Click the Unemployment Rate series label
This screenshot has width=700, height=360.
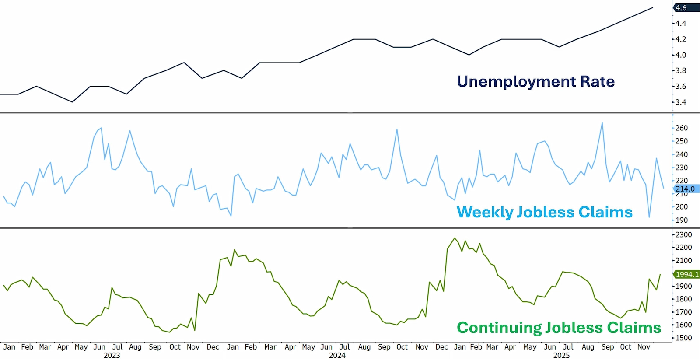click(x=535, y=81)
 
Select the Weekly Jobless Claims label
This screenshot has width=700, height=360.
click(x=544, y=212)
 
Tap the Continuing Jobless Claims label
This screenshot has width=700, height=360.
click(x=559, y=328)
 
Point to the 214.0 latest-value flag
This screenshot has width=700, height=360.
click(x=685, y=189)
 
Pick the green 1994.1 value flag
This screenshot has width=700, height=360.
click(x=687, y=274)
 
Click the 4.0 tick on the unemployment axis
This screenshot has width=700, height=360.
click(x=681, y=55)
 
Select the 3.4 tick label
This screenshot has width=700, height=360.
click(x=681, y=102)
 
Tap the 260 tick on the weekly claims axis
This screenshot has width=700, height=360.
click(x=682, y=128)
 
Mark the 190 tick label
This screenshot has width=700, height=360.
click(x=682, y=220)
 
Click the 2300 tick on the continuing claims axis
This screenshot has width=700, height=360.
click(x=683, y=235)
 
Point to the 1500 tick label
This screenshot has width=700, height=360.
click(x=683, y=338)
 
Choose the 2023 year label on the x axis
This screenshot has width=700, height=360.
click(x=112, y=355)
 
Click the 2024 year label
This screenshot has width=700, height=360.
click(x=337, y=355)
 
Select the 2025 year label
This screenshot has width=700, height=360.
click(x=561, y=355)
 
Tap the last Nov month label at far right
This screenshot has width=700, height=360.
click(x=644, y=347)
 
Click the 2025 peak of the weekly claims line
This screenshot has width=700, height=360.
click(x=602, y=123)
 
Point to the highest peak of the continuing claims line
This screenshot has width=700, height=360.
click(x=455, y=238)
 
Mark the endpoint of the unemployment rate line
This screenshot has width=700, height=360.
click(x=653, y=7)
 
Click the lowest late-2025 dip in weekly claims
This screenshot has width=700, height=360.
click(x=649, y=217)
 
